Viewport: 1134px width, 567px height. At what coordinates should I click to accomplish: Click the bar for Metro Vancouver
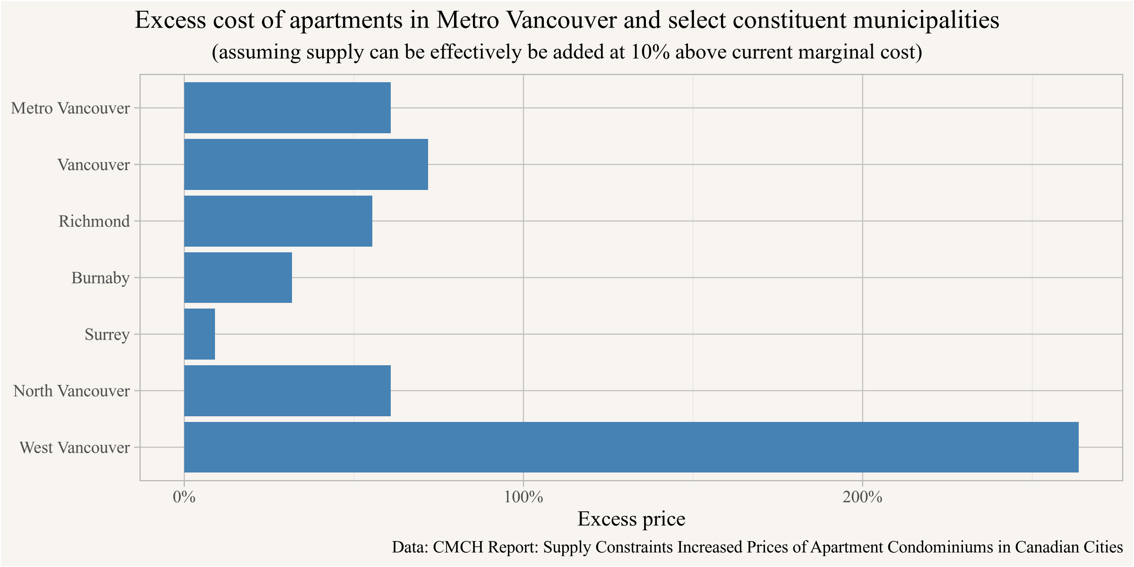287,108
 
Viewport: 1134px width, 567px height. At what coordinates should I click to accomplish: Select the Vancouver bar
306,164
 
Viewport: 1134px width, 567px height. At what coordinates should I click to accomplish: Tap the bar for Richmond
278,221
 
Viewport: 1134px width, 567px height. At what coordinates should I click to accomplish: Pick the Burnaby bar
238,277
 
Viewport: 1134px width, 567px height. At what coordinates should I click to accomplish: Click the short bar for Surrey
199,334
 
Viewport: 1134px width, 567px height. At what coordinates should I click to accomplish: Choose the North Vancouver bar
287,391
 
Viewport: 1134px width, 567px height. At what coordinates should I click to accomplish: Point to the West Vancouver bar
631,447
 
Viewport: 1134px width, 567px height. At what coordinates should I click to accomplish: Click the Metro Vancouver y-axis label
70,108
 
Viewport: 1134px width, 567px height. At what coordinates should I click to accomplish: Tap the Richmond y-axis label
94,221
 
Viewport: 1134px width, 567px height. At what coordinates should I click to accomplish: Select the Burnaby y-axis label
100,278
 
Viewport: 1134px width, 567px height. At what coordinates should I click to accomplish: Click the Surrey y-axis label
107,335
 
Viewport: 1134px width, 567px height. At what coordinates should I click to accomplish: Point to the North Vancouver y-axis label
71,391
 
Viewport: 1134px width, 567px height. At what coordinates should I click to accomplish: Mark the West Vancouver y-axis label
75,447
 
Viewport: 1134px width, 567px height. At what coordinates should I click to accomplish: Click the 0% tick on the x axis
184,497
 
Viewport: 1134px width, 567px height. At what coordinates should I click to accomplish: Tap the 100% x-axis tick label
524,497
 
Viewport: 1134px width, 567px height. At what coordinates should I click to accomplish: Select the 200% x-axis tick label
863,497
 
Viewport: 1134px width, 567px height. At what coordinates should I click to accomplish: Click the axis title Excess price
631,519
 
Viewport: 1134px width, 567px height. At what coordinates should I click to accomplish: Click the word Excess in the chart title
171,20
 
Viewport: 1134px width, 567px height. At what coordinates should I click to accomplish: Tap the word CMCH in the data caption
458,547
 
